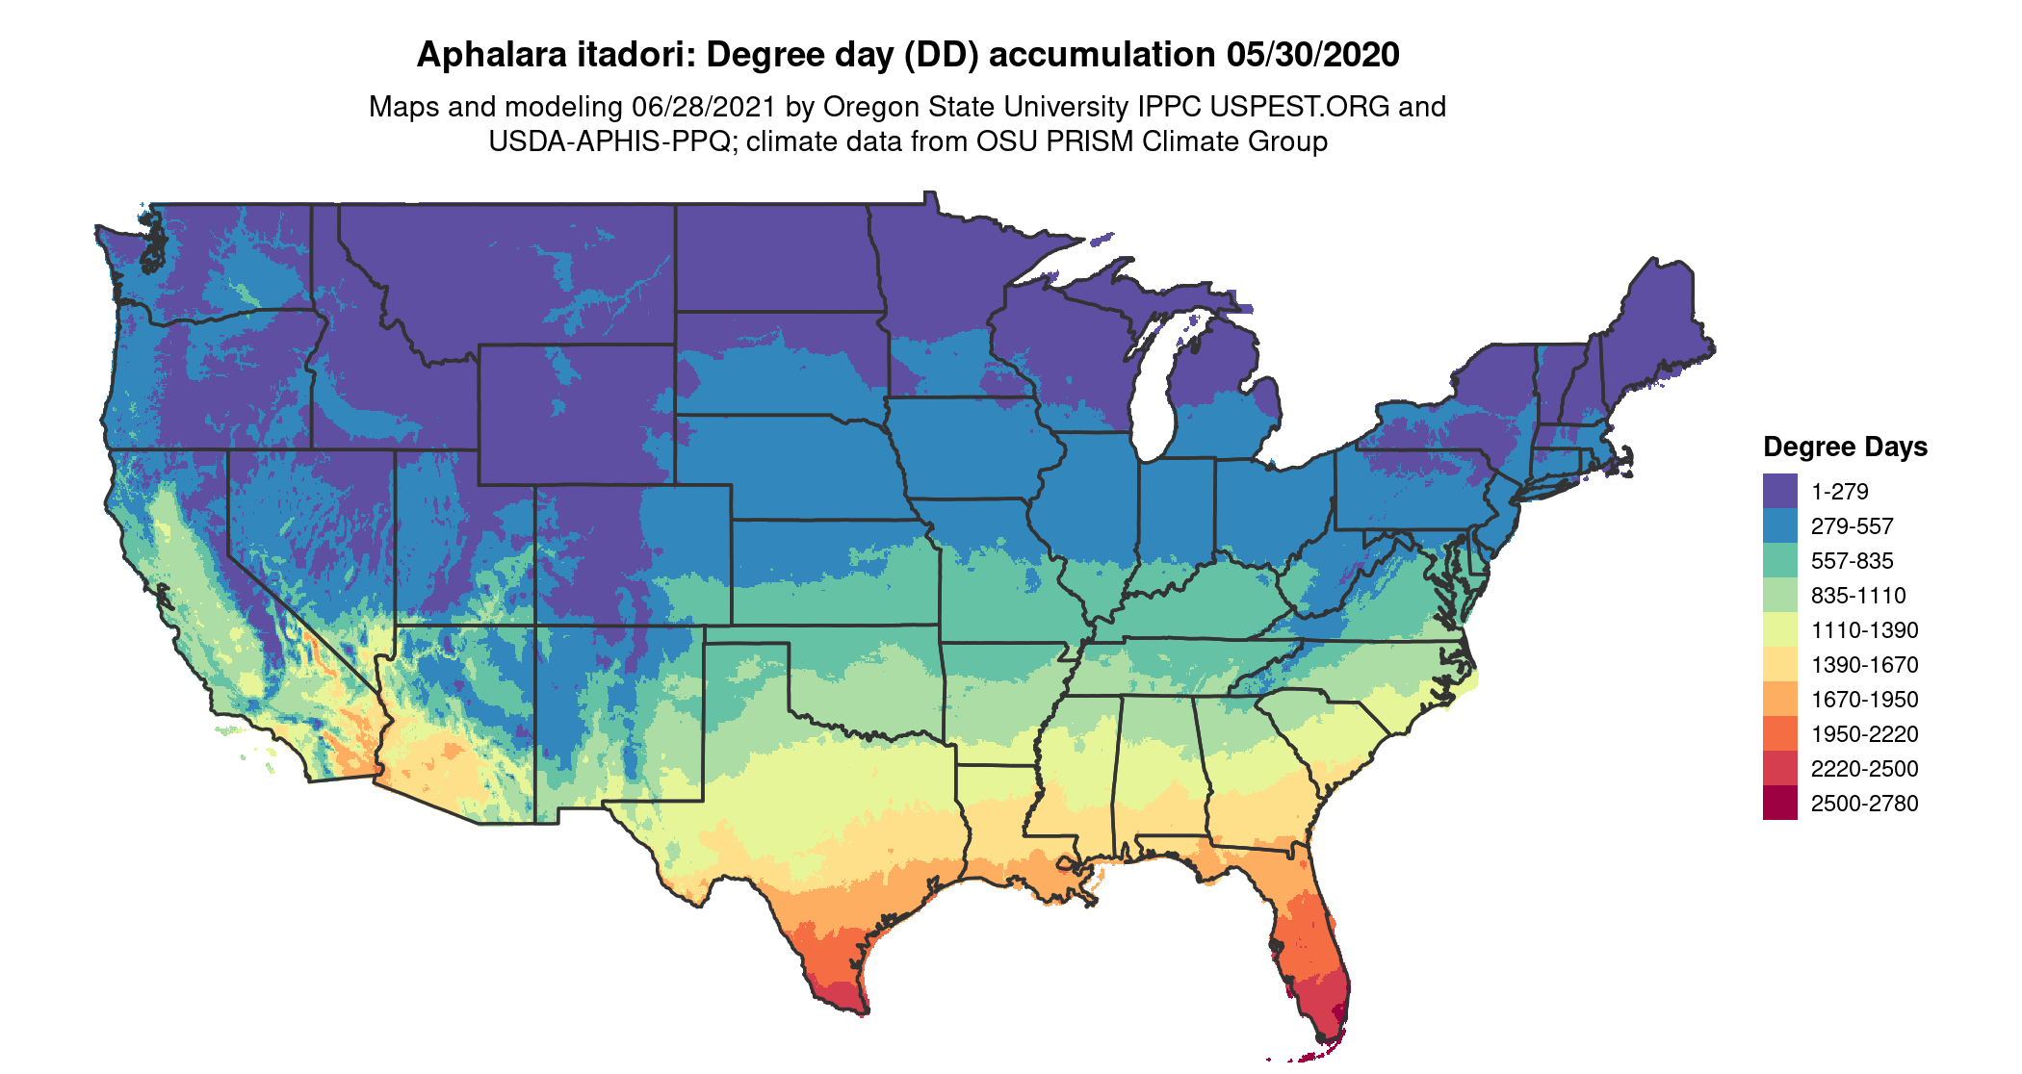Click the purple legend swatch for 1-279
coord(1779,491)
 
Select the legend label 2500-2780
coord(1864,804)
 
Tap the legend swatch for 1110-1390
coord(1779,630)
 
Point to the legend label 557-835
coord(1852,561)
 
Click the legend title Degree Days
coord(1845,447)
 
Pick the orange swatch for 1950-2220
coord(1779,734)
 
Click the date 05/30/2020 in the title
coord(1312,55)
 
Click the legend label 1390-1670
coord(1864,665)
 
